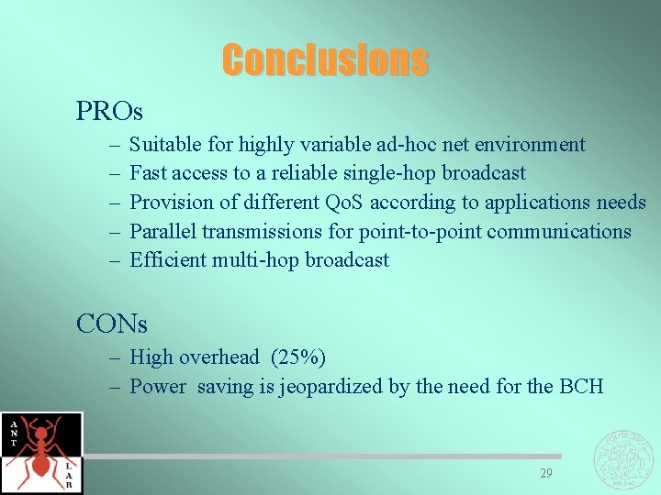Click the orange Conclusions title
[x=324, y=60]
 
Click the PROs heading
[x=109, y=112]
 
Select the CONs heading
[x=111, y=324]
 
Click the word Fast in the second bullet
[x=147, y=173]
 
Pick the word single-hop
[x=393, y=173]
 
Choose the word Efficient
[x=168, y=260]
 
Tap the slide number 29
[x=546, y=473]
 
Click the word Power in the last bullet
[x=159, y=387]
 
